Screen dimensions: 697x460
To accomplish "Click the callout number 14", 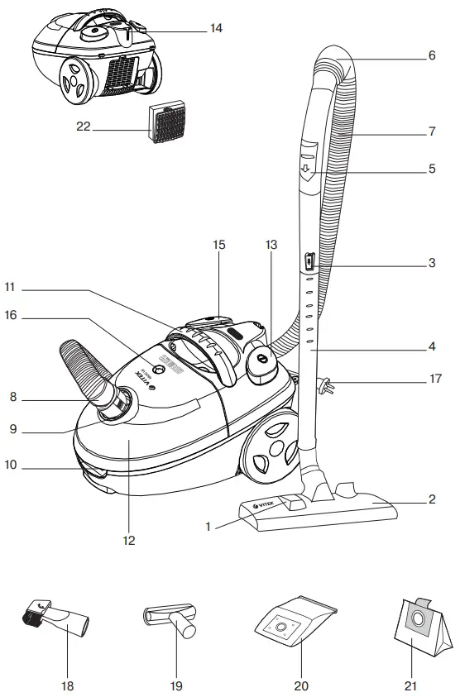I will tap(216, 27).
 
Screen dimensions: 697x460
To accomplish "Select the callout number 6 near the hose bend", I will tap(431, 57).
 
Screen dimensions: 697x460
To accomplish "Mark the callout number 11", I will tap(8, 290).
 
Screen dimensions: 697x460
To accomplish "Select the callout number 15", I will tap(219, 246).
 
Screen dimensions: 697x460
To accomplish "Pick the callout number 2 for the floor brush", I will tap(431, 499).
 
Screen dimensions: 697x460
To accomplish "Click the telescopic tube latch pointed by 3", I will tap(309, 262).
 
